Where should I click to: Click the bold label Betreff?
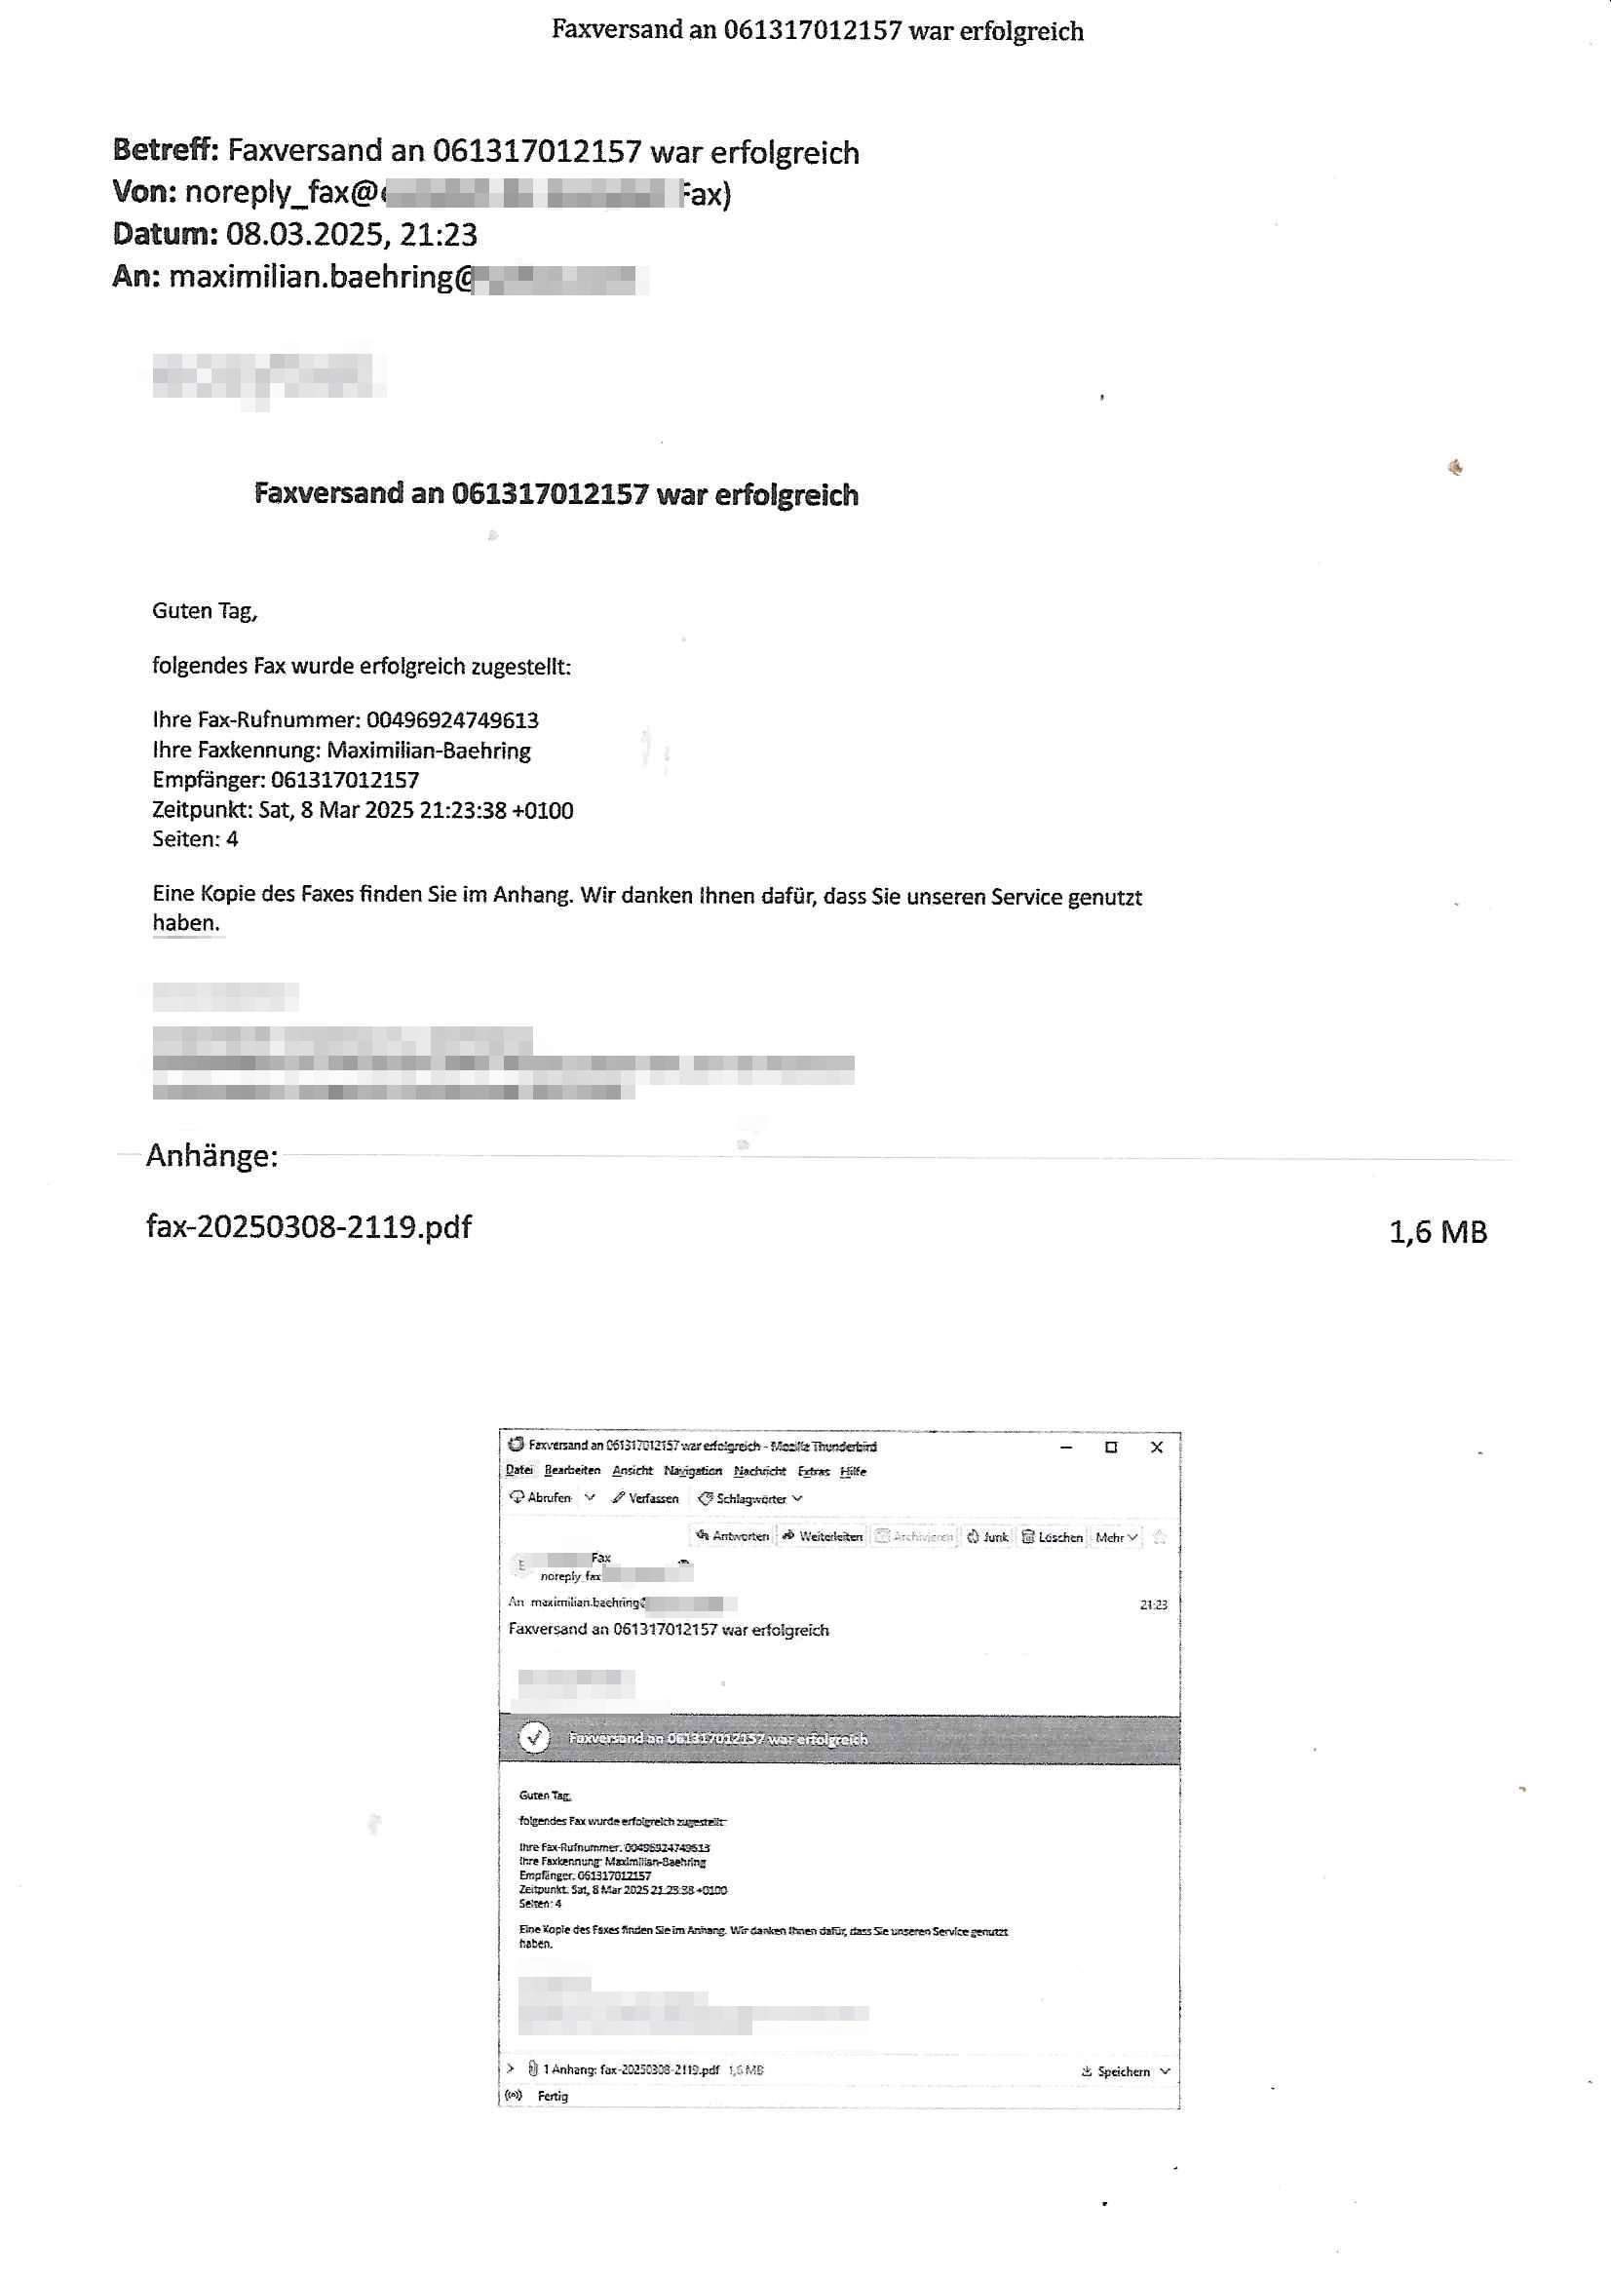165,150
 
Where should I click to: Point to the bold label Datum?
165,234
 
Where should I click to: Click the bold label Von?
145,192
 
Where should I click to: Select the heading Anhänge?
211,1155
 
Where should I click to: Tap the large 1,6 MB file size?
1437,1232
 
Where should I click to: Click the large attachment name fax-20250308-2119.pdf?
309,1227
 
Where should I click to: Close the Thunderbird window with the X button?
1157,1448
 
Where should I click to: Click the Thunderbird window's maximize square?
1111,1448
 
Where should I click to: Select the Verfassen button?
646,1498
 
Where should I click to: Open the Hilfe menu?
853,1471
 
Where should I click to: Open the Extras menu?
813,1471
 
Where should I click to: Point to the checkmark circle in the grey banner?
534,1738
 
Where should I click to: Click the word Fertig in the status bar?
553,2096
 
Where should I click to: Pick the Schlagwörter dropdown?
750,1499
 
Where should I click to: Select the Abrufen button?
541,1498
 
